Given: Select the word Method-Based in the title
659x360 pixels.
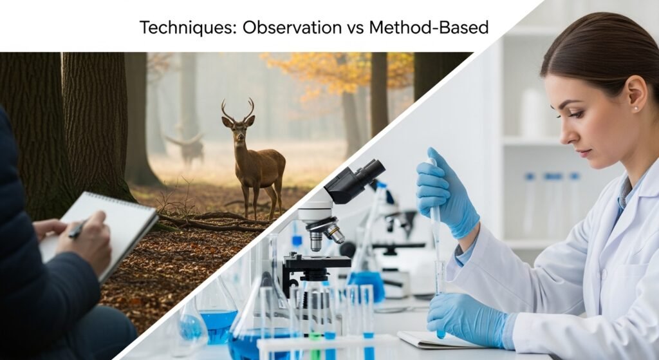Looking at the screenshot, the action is [x=429, y=27].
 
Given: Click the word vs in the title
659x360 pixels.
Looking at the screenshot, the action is [x=355, y=28].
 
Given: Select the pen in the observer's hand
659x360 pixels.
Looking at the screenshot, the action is [x=78, y=229].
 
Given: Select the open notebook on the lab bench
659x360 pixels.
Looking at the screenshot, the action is [x=437, y=339].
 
